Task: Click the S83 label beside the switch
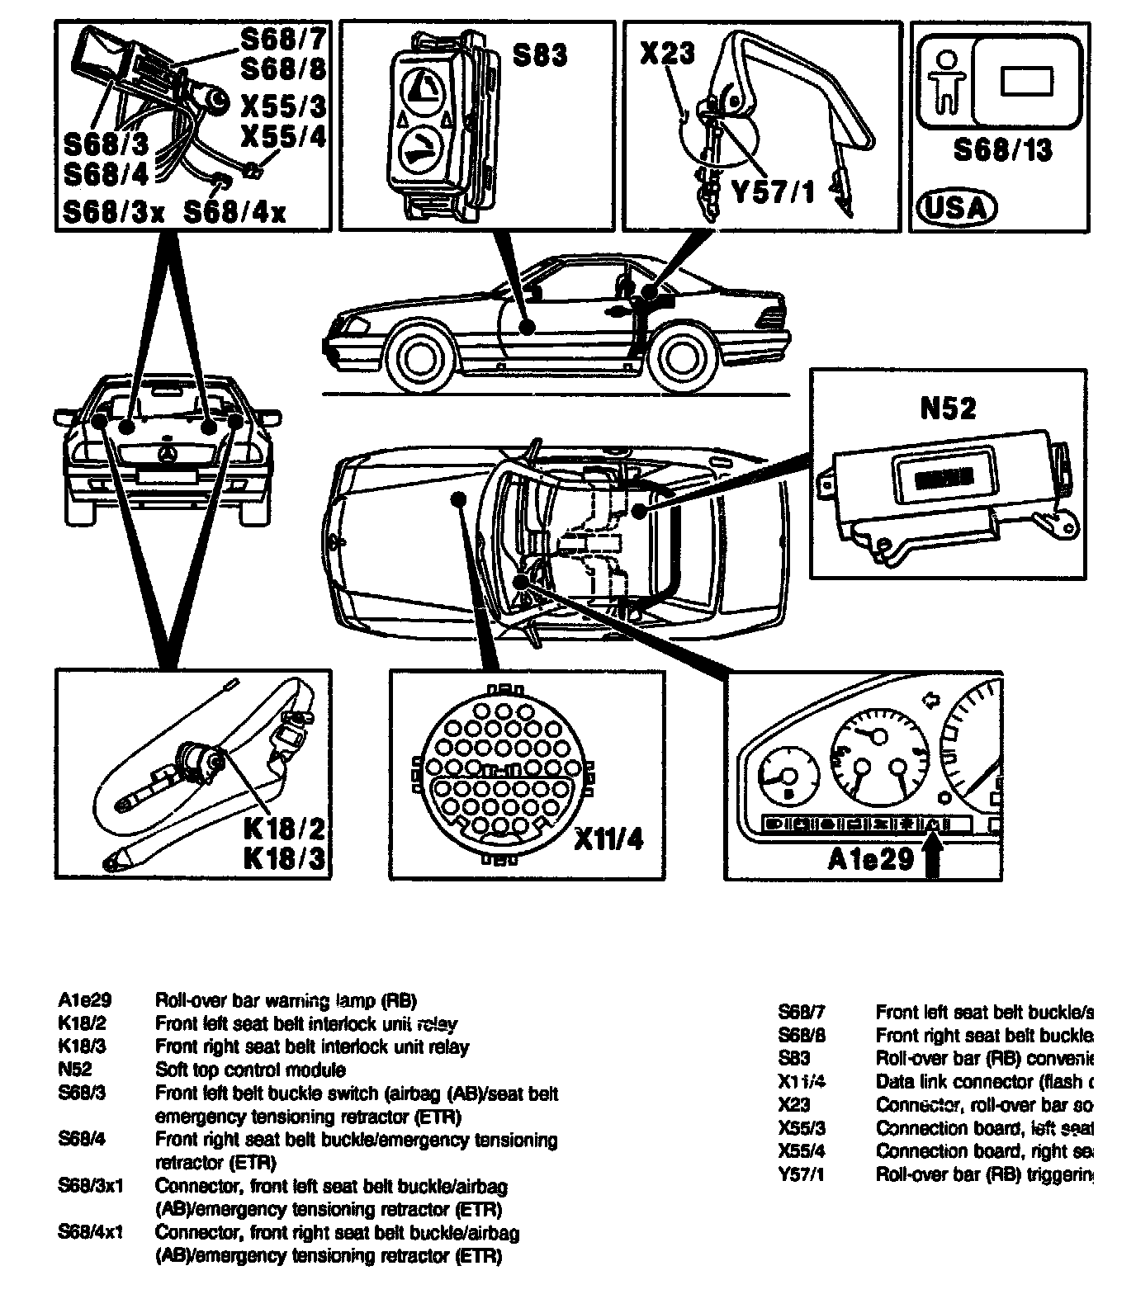pos(540,55)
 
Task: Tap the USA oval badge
pos(956,206)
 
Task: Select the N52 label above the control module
pos(947,408)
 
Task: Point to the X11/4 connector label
pos(608,839)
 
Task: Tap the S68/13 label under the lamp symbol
pos(1002,149)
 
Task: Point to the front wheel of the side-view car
pos(423,356)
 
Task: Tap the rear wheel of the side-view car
pos(686,356)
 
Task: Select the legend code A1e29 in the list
pos(84,1000)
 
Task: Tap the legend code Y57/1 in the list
pos(801,1174)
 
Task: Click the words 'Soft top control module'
pos(250,1070)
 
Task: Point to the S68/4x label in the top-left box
pos(234,212)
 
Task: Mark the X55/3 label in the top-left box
pos(282,105)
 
